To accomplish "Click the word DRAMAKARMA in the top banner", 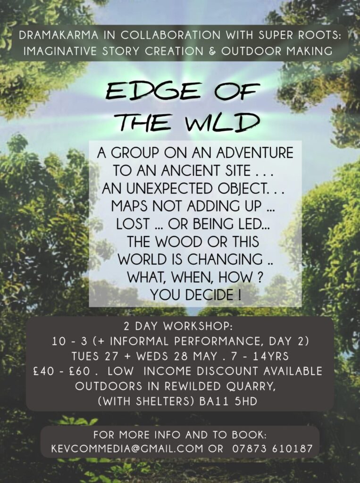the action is pyautogui.click(x=59, y=35).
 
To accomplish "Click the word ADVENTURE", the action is pyautogui.click(x=255, y=152).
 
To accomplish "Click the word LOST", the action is pyautogui.click(x=133, y=224).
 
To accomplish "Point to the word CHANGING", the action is pyautogui.click(x=225, y=259).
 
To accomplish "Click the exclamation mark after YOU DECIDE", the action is pyautogui.click(x=240, y=295).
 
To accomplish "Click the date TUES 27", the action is pyautogui.click(x=95, y=357).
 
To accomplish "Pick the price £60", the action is pyautogui.click(x=80, y=371).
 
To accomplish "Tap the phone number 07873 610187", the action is pyautogui.click(x=272, y=449).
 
